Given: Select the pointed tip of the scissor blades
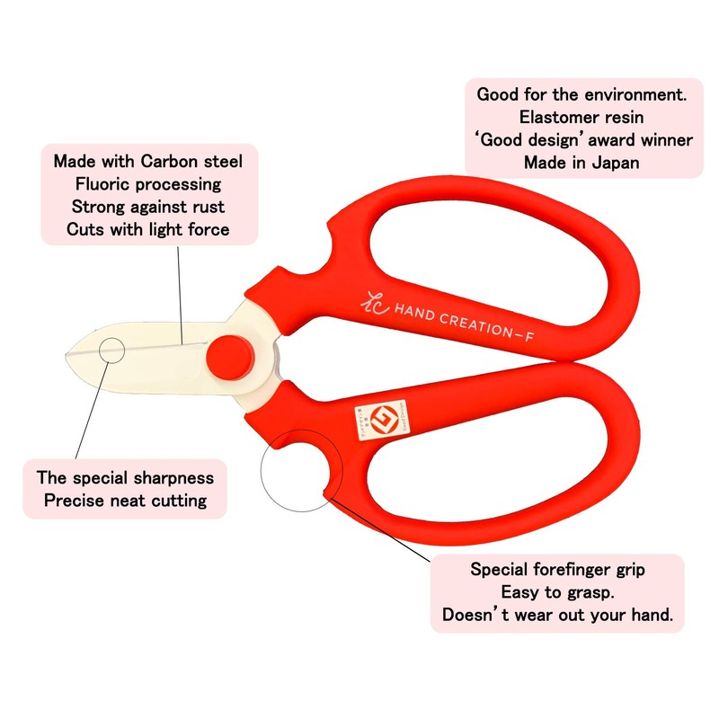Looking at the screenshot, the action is [68, 359].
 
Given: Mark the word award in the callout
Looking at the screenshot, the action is [601, 139].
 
